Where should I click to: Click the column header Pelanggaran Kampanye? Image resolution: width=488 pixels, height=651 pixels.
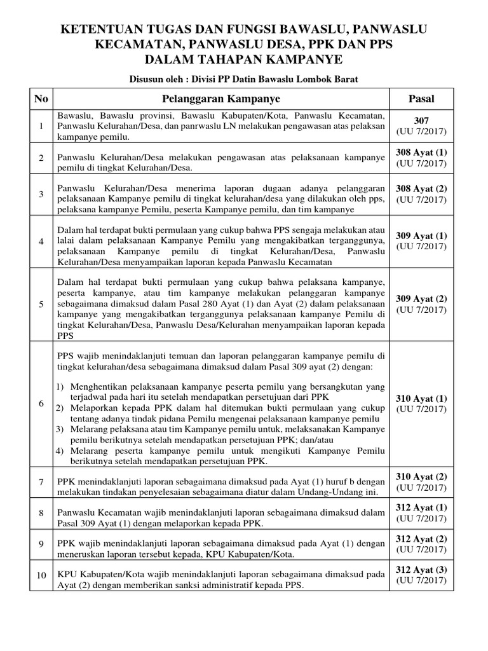point(221,99)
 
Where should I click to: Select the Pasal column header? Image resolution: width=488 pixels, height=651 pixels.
point(421,99)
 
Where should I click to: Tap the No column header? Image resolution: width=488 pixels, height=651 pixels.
point(41,99)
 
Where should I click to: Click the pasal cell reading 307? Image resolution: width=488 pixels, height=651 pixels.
point(421,121)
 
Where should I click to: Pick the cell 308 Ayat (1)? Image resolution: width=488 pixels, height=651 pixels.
point(421,153)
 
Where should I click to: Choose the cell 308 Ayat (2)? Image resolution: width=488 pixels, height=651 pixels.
point(421,189)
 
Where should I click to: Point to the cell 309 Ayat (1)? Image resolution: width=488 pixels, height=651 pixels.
point(421,235)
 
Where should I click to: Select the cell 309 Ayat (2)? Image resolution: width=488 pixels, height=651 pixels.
point(421,299)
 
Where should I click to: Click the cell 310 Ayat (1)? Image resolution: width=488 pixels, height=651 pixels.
point(421,399)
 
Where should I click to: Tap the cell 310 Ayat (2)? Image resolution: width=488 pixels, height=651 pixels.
point(421,477)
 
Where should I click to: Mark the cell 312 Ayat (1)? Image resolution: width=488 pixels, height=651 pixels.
point(421,507)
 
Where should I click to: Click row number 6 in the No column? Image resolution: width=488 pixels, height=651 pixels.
point(41,404)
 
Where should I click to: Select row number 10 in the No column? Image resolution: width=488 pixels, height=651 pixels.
point(41,575)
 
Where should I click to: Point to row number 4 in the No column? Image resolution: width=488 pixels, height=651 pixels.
point(41,242)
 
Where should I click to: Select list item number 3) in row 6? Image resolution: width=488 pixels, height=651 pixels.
point(61,430)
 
